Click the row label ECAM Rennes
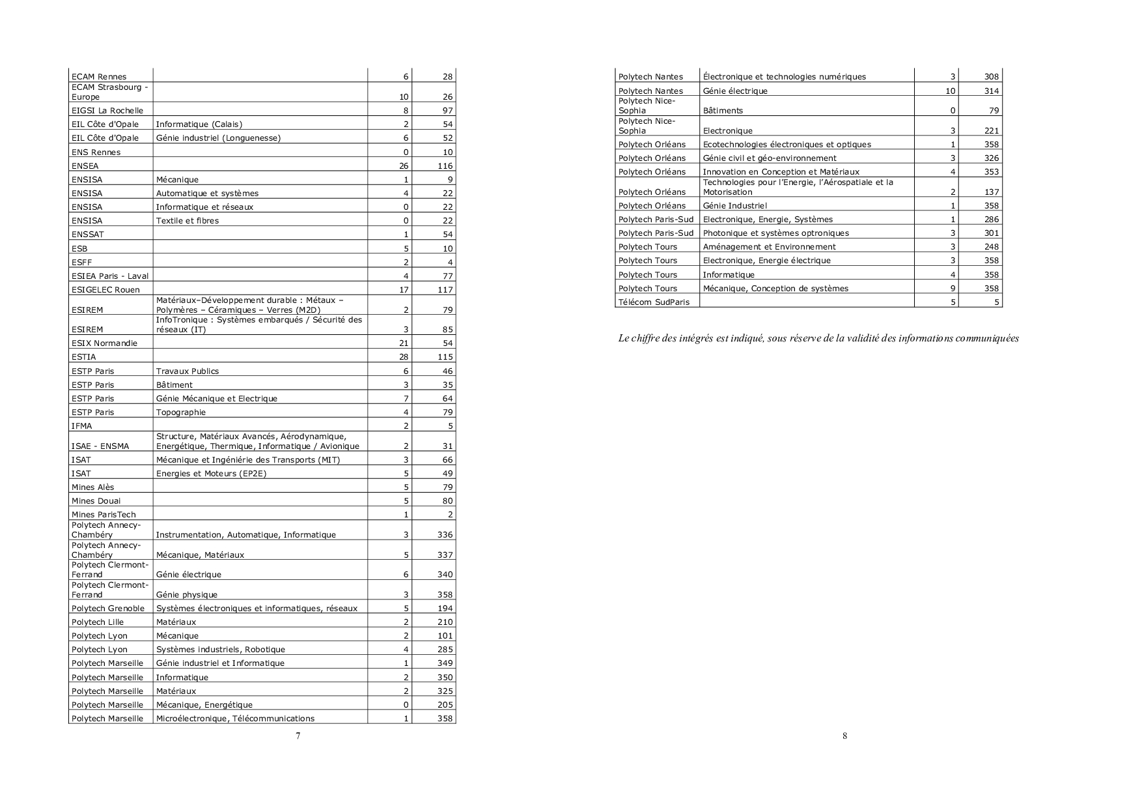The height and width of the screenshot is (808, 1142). coord(99,77)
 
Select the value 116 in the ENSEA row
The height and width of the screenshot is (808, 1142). coord(445,166)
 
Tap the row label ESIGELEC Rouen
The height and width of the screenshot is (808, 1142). coord(105,290)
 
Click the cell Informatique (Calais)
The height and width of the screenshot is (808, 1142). coord(199,124)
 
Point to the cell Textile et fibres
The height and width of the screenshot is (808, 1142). coord(188,221)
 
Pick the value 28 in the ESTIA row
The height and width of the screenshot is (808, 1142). coord(404,357)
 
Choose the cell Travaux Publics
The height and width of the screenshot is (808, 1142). coord(188,371)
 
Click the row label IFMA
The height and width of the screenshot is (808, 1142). coord(82,426)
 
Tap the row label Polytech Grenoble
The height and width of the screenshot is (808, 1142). coord(108,609)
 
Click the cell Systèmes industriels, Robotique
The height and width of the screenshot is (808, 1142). coord(221,650)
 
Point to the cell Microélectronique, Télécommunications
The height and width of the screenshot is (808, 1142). coord(235,719)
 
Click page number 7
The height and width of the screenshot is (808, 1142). coord(298,736)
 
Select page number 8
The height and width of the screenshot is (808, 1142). coord(844,736)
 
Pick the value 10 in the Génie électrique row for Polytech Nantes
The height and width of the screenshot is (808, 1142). coord(951,91)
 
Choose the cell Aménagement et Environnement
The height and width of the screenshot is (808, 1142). coord(770,247)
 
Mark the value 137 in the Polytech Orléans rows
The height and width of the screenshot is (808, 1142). coord(992,192)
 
